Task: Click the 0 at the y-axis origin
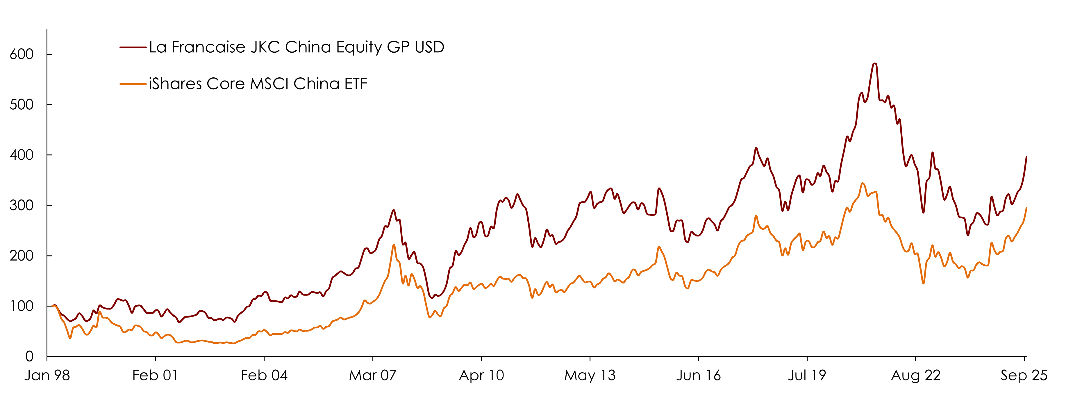pos(29,357)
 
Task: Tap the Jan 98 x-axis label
pos(47,376)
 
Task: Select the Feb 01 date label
pos(155,376)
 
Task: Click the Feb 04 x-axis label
pos(264,376)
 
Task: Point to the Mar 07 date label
pos(372,376)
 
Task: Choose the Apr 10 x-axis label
pos(481,376)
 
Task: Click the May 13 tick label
pos(590,376)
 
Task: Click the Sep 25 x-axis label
pos(1024,376)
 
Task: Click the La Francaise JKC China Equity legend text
pos(296,47)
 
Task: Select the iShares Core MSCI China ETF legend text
pos(258,84)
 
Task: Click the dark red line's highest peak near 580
pos(874,64)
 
